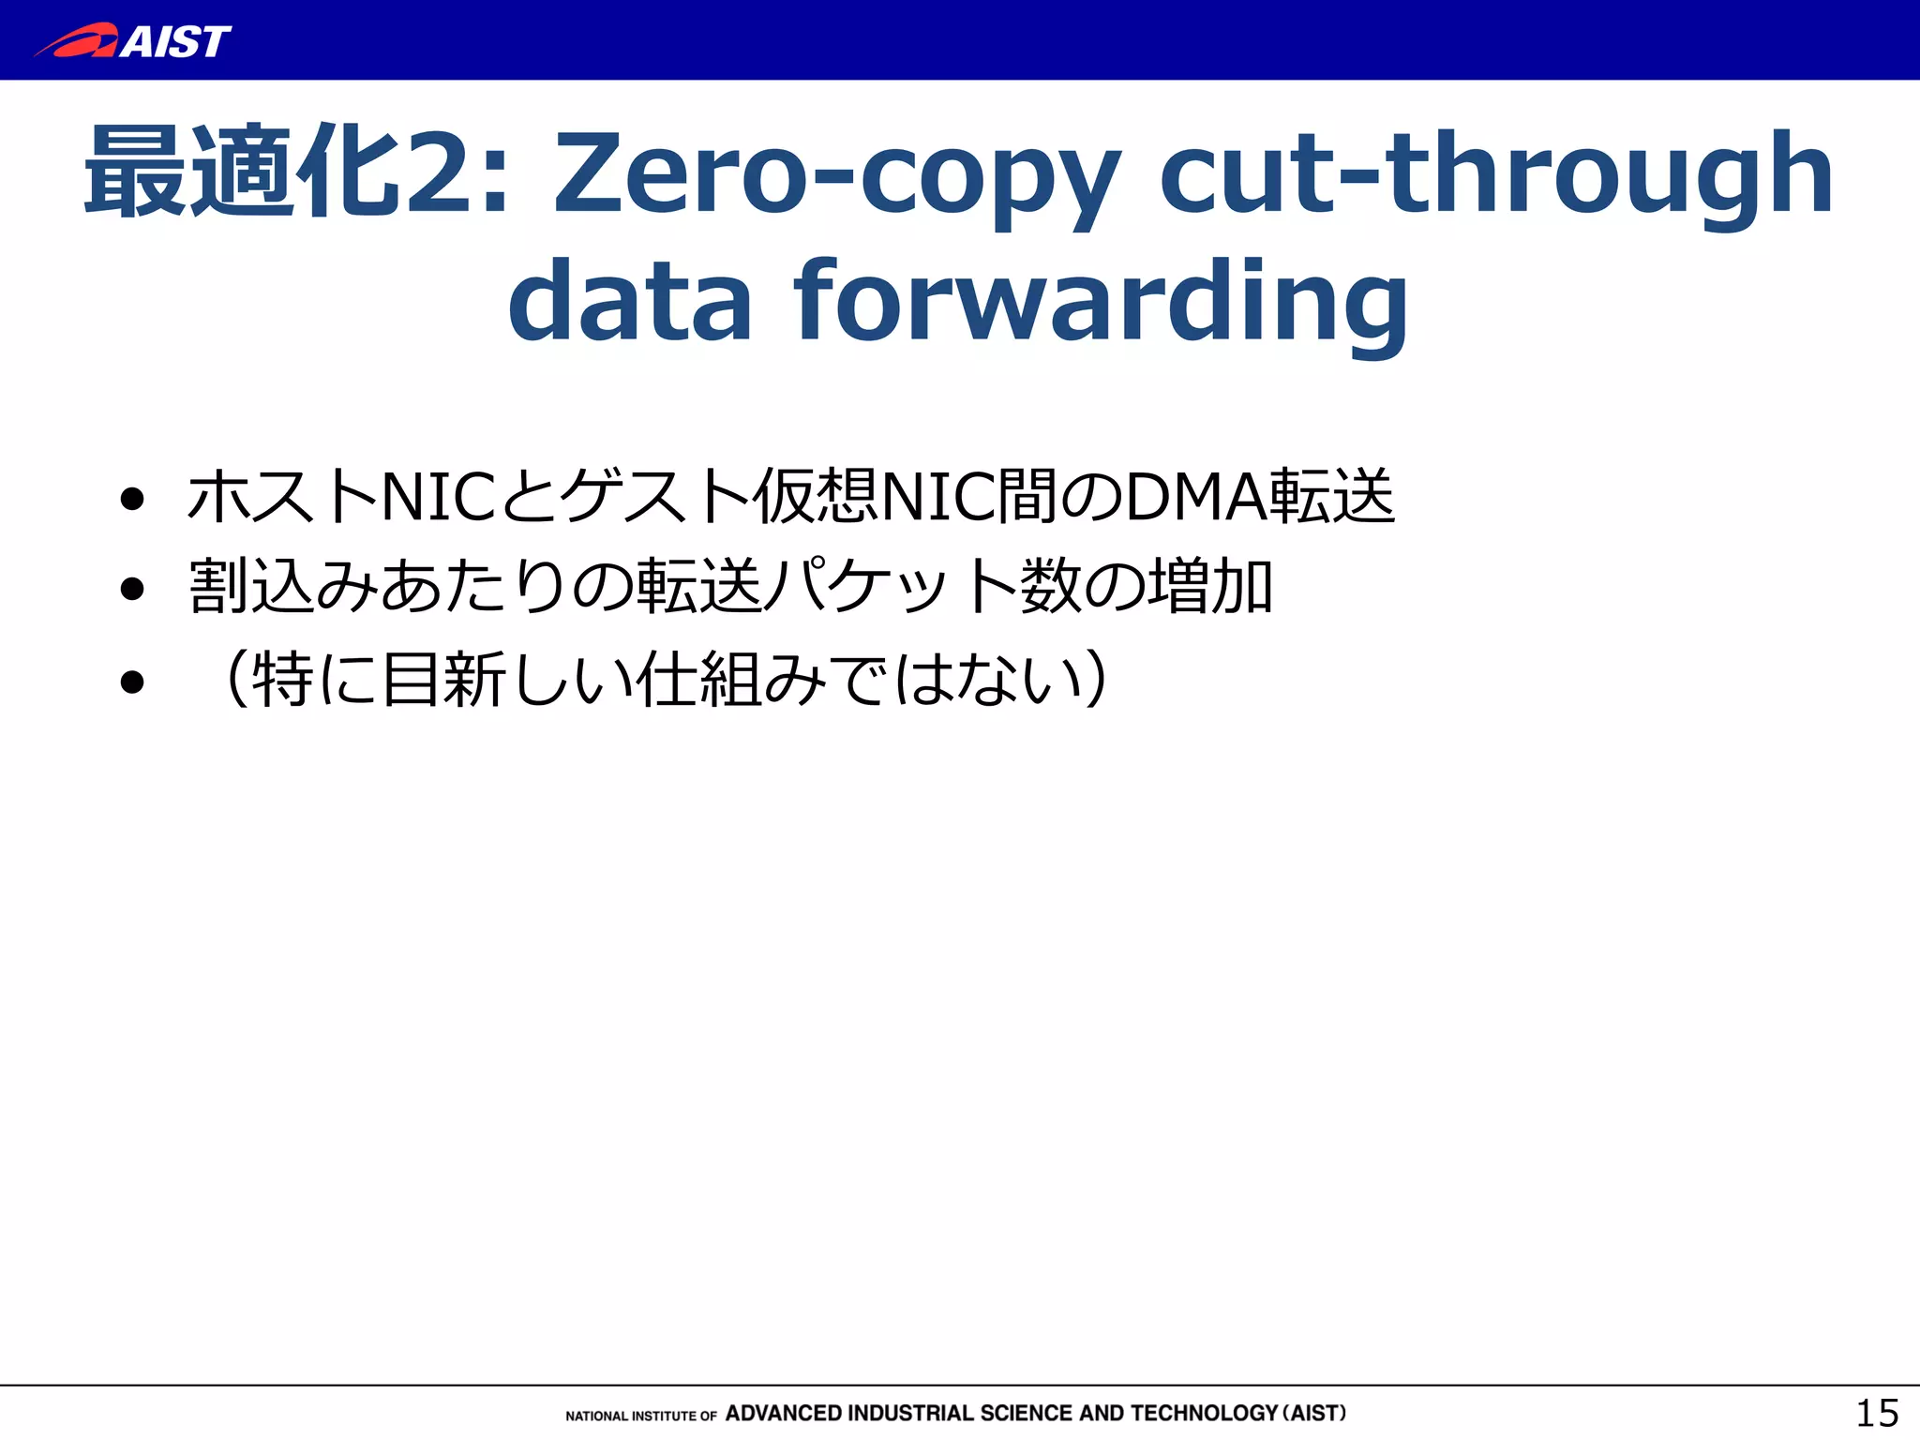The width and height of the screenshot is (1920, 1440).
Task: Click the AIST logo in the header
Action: [132, 41]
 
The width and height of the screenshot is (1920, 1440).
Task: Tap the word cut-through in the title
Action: [1495, 174]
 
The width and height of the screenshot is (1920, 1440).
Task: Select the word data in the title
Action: [629, 302]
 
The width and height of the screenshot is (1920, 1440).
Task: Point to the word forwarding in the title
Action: [1101, 302]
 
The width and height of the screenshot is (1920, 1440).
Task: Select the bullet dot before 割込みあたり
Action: [133, 589]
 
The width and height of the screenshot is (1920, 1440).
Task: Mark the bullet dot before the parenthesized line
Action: [133, 681]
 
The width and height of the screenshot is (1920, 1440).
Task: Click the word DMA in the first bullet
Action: [1196, 498]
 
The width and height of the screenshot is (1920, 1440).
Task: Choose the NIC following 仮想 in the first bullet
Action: [938, 498]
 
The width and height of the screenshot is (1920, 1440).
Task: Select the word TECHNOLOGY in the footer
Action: [1205, 1413]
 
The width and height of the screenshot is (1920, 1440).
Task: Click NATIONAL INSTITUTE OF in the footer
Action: [641, 1416]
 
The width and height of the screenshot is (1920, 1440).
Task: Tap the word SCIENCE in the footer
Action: [1027, 1413]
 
